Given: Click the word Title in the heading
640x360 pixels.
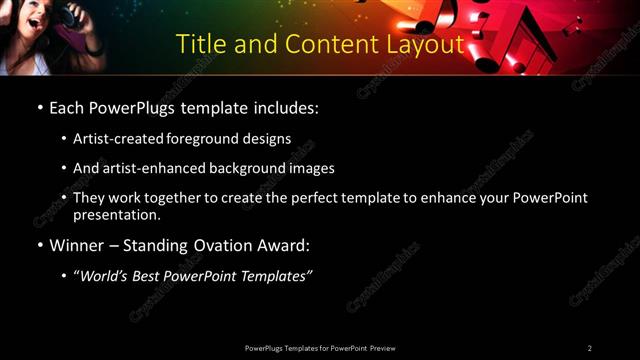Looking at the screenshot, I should click(x=199, y=45).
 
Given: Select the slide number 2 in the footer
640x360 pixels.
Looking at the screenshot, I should click(x=589, y=348).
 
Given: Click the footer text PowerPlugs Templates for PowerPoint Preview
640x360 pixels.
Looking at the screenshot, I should click(x=320, y=348).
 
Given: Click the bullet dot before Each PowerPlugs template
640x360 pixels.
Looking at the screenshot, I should click(x=38, y=107).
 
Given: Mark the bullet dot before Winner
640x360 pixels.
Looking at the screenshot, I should click(x=38, y=245).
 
